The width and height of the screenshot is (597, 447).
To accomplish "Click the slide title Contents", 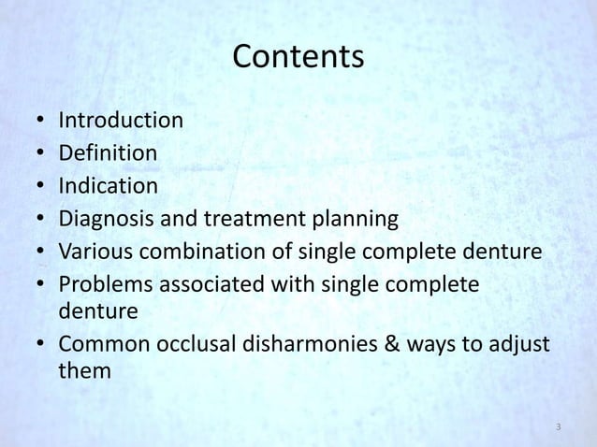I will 298,58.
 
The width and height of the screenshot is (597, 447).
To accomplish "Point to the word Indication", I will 109,185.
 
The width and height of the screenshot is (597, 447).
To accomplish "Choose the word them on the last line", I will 84,370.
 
